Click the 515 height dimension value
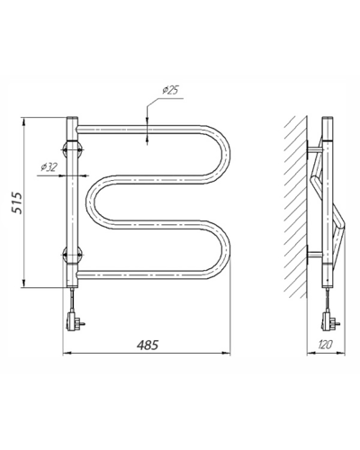pyautogui.click(x=17, y=202)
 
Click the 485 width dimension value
pyautogui.click(x=147, y=346)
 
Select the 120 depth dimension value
pyautogui.click(x=325, y=345)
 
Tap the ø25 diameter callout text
pyautogui.click(x=170, y=90)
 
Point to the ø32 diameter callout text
pyautogui.click(x=49, y=167)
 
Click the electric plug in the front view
pyautogui.click(x=74, y=321)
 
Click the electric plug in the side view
pyautogui.click(x=329, y=321)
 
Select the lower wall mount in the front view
pyautogui.click(x=72, y=255)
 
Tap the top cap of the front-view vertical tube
pyautogui.click(x=72, y=118)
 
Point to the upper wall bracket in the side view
pyautogui.click(x=314, y=149)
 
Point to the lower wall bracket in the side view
pyautogui.click(x=314, y=255)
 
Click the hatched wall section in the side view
pyautogui.click(x=296, y=207)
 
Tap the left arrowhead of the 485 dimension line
pyautogui.click(x=67, y=354)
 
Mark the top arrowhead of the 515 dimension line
pyautogui.click(x=24, y=121)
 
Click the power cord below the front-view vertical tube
pyautogui.click(x=72, y=300)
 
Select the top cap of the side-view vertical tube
pyautogui.click(x=328, y=118)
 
